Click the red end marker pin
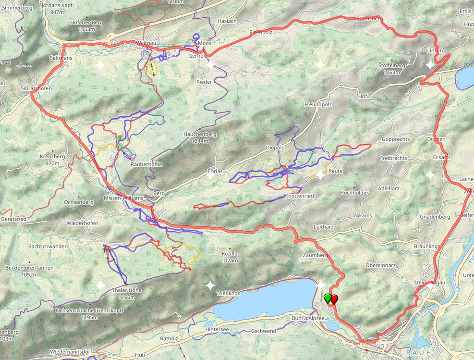coord(334,298)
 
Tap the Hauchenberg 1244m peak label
coord(200,137)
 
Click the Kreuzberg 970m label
coord(52,160)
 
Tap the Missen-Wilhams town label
coord(123,198)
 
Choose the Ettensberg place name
coord(370,19)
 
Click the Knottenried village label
coord(299,196)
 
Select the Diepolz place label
coord(275,148)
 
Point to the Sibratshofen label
coord(36,89)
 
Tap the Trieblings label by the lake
coord(228,293)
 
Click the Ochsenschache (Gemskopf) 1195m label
coord(89,314)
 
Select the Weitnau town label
coord(147,43)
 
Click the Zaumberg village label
coord(315,255)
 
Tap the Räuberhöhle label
coord(146,164)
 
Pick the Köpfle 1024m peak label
coord(230,257)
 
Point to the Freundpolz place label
coord(318,104)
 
